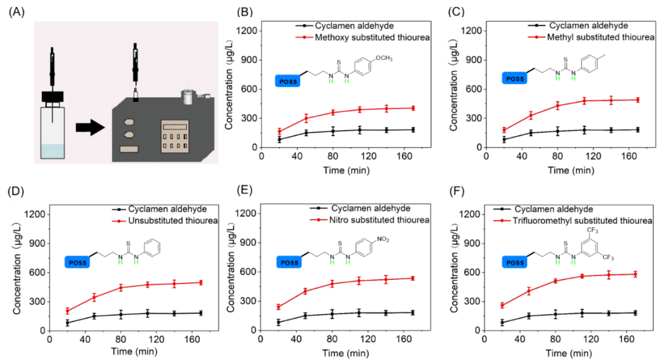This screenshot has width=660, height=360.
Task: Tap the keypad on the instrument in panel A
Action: pos(174,136)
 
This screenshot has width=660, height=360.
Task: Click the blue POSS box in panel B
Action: pos(287,81)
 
